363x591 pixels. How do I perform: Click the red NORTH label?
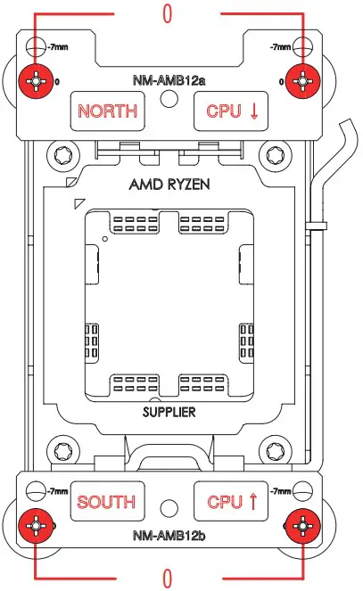pos(107,111)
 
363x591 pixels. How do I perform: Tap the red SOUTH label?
pos(106,502)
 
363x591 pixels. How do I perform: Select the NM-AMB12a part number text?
pos(169,80)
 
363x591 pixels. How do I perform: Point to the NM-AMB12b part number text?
pos(169,535)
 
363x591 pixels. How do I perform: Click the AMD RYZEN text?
pos(169,185)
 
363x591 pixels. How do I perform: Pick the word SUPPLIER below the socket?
pos(169,412)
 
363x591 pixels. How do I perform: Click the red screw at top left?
pos(36,81)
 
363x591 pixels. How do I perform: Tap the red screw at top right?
pos(302,81)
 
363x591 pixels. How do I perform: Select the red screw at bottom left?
pos(36,526)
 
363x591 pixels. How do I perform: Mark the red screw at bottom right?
pos(302,526)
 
